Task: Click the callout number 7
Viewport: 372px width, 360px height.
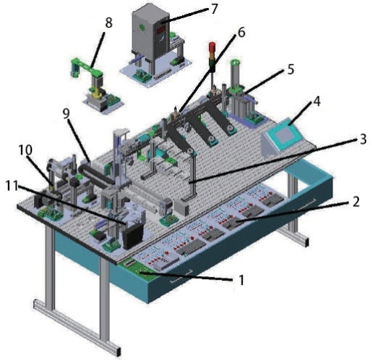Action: click(213, 9)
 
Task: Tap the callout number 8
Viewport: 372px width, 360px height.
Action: click(108, 23)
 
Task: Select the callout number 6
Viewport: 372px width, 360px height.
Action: click(241, 32)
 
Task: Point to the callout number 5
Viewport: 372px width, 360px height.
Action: click(290, 69)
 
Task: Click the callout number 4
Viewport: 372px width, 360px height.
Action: click(317, 101)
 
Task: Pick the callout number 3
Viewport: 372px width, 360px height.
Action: click(363, 139)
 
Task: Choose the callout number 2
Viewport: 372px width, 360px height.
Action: click(356, 202)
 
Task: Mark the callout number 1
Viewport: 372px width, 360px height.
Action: click(241, 280)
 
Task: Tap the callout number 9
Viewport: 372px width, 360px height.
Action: click(66, 114)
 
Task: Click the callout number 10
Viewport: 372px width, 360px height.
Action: click(25, 150)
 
